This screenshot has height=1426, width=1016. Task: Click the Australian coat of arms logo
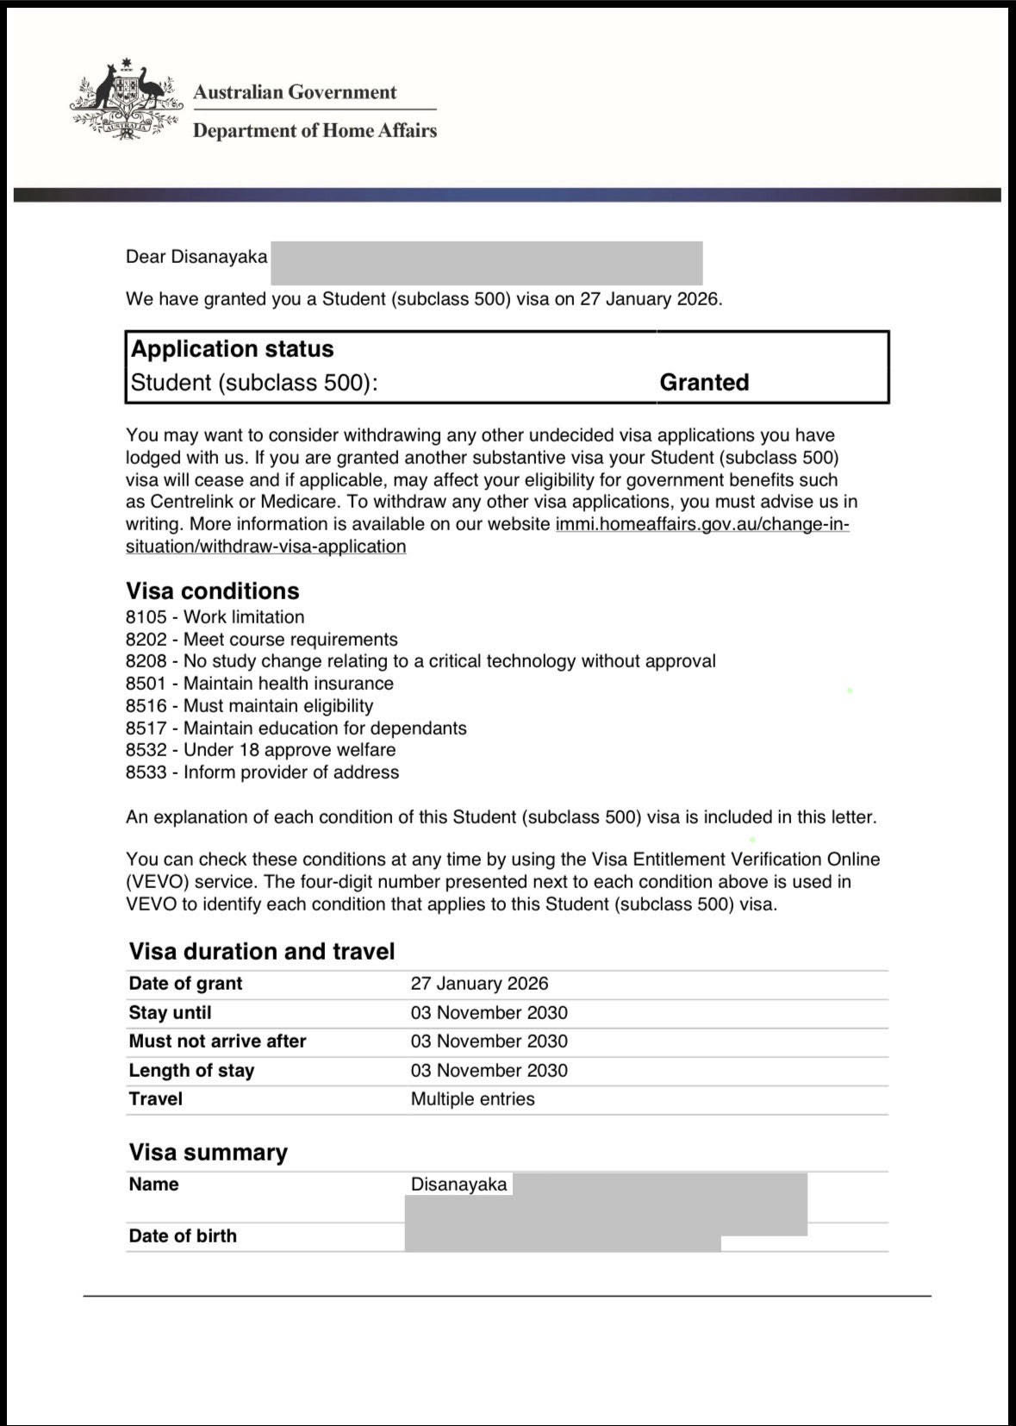126,99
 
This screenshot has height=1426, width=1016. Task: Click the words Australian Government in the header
295,92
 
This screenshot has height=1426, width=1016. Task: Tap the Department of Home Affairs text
315,130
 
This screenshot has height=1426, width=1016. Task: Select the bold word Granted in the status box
704,382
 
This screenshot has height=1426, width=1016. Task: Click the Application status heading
232,348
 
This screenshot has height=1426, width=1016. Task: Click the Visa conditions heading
213,591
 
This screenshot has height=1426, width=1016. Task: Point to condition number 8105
146,617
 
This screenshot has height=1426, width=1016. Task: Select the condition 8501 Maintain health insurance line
259,684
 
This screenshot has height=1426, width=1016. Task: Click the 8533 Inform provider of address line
262,772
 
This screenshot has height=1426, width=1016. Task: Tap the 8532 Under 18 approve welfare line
260,750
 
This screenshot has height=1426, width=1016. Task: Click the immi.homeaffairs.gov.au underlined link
701,524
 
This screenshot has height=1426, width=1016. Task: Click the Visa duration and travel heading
262,951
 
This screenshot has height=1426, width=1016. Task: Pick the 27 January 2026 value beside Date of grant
479,984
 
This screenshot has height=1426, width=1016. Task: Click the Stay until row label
170,1012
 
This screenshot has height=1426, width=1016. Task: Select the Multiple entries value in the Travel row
472,1099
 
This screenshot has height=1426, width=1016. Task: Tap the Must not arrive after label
217,1041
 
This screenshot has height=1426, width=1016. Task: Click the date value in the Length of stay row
489,1071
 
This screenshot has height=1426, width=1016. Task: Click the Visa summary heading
208,1153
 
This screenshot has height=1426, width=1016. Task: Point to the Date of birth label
183,1235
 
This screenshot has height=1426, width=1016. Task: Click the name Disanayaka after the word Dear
219,257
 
